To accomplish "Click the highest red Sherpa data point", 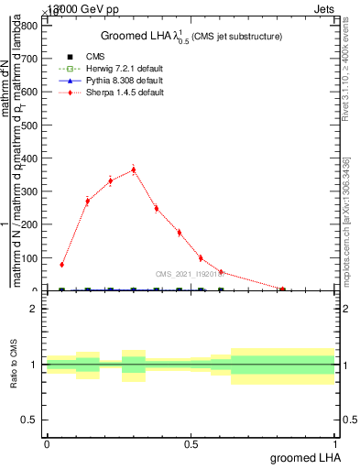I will [x=134, y=169].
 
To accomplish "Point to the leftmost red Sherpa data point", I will [x=61, y=265].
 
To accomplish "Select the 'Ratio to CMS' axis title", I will [x=15, y=365].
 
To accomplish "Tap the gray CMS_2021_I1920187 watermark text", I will [x=191, y=273].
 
